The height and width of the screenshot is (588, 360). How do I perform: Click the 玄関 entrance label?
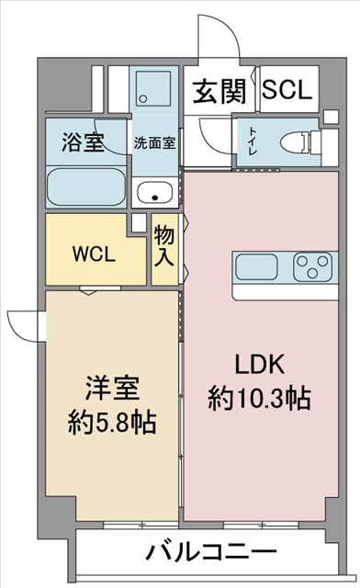tap(219, 91)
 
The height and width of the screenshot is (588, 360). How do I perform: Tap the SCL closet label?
tap(287, 89)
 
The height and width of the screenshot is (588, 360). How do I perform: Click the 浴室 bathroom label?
tap(83, 142)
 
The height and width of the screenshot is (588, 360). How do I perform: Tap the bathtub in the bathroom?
tap(86, 187)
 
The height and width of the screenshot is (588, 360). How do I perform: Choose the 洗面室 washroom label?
tap(154, 143)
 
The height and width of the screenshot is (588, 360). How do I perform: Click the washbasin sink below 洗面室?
tap(154, 192)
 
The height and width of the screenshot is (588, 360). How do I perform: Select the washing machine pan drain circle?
tap(143, 99)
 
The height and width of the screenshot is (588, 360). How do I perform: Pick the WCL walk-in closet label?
tap(94, 255)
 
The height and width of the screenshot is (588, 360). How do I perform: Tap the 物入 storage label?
tap(164, 246)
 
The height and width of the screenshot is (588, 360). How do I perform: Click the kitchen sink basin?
tap(257, 266)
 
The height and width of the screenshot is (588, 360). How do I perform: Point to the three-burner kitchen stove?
tap(313, 266)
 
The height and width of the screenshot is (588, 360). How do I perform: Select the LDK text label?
tap(260, 364)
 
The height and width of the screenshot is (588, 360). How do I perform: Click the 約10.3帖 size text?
tap(260, 399)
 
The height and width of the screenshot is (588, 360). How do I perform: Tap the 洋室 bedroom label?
tap(112, 388)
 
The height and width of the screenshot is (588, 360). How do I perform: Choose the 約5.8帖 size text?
tap(112, 423)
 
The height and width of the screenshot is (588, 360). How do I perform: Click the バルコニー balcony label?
tap(212, 551)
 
